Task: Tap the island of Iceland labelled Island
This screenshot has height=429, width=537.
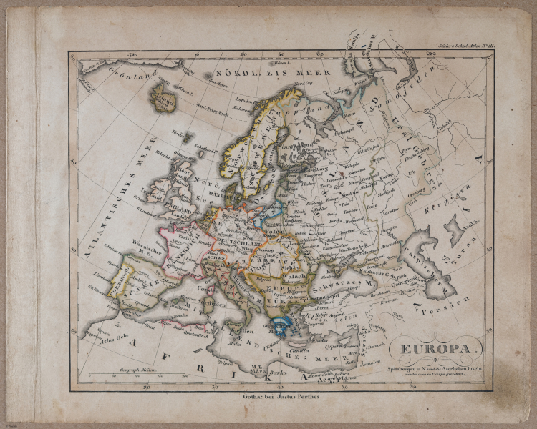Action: pos(164,93)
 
